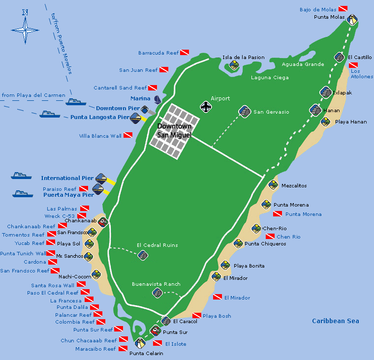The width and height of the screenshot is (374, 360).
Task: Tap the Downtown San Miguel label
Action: coord(174,131)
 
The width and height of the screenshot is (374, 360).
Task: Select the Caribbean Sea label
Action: coord(335,321)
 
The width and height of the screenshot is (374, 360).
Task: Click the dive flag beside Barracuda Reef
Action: coord(185,53)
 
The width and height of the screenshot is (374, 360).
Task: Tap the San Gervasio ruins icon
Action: coord(244,112)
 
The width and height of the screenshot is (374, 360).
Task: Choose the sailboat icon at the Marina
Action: coord(157,99)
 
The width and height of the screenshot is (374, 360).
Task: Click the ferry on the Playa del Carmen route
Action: coord(76,102)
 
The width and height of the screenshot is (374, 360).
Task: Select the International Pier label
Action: coord(67,178)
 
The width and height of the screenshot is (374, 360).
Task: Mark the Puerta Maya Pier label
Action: coord(68,195)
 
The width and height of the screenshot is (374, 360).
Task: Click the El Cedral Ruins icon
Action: coord(143,255)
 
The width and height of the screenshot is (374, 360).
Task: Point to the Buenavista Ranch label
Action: coord(156,284)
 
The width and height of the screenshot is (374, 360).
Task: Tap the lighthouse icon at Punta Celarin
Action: coord(140,343)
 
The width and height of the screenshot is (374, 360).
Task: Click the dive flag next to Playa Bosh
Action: coord(197,316)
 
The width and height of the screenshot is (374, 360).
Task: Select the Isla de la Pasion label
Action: coord(243,58)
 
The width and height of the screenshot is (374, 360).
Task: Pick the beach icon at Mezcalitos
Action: coord(273,185)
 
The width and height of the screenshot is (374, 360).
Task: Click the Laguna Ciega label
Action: coord(270,78)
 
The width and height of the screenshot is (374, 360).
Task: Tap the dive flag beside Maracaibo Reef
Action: coord(123,349)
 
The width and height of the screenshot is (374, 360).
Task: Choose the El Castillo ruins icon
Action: coord(339,57)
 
